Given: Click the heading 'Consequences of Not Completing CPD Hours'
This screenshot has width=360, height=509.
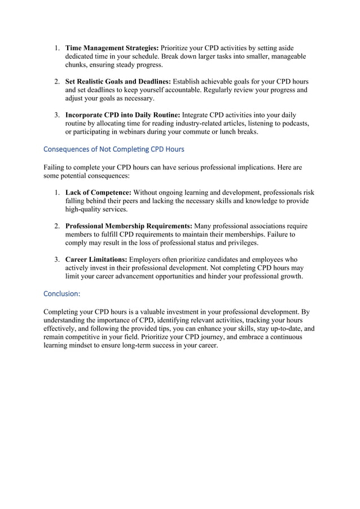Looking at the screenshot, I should tap(113, 150).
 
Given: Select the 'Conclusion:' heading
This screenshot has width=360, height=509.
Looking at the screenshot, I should tap(62, 294).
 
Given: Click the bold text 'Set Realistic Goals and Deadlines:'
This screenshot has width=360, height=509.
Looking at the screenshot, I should tap(118, 81).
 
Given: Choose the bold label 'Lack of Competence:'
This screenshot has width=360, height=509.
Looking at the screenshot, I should tap(98, 192).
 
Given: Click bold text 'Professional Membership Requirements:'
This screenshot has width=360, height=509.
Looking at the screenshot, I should tap(129, 226).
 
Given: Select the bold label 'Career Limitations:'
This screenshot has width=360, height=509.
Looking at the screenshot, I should tap(96, 260).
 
